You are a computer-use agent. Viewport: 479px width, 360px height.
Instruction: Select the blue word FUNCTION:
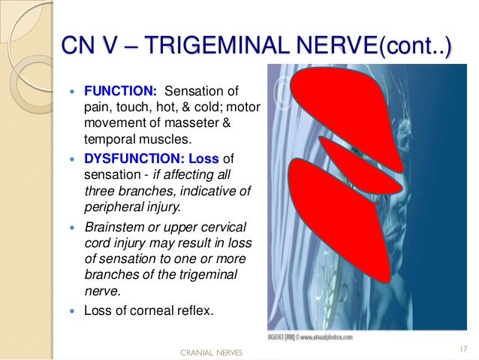pos(119,91)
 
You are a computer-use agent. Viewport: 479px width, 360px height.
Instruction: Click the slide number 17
pos(461,348)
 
